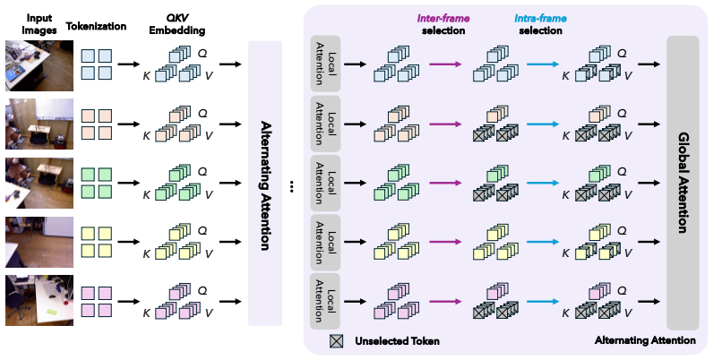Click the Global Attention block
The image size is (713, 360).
[x=683, y=183]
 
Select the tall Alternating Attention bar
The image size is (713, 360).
[x=265, y=184]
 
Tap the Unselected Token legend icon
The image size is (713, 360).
[x=337, y=341]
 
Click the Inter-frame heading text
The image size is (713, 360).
[x=443, y=19]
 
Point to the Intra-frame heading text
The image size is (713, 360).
[x=541, y=19]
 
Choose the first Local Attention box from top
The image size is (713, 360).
[x=325, y=64]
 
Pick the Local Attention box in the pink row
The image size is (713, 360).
[x=325, y=301]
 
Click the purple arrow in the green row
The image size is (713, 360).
[x=445, y=183]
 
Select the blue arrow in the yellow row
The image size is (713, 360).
[x=543, y=242]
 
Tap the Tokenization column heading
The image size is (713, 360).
[x=96, y=26]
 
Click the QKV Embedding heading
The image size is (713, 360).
[x=177, y=24]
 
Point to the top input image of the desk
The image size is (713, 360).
[x=39, y=65]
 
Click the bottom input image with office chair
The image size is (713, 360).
[x=39, y=301]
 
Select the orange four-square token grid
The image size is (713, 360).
[x=97, y=124]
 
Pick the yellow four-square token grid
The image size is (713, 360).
[x=97, y=242]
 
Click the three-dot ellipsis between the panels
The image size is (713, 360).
[x=291, y=187]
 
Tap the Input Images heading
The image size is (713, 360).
[x=39, y=24]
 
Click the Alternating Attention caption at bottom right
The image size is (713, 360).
[x=645, y=340]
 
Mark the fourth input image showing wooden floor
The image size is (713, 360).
[x=39, y=242]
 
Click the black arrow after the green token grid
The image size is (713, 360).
[x=129, y=183]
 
